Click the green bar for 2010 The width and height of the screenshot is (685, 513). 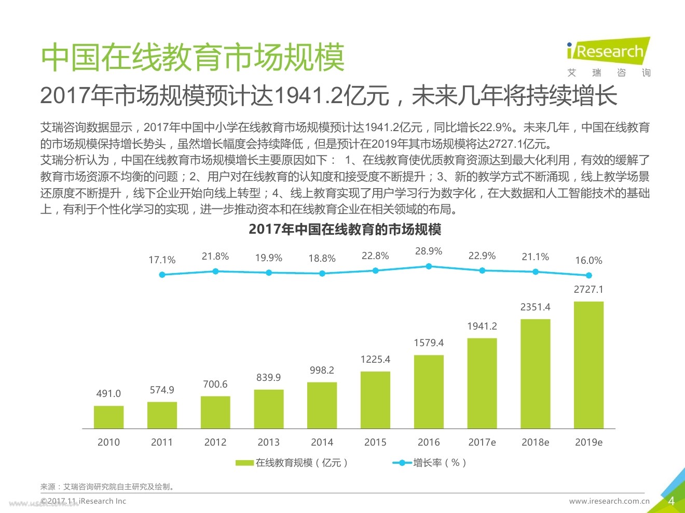[108, 417]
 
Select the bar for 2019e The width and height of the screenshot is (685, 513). [588, 365]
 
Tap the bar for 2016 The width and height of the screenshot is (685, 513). [429, 392]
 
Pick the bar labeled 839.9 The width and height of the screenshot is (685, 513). [269, 409]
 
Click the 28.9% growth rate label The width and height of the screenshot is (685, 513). [429, 251]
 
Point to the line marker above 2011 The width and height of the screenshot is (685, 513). [215, 271]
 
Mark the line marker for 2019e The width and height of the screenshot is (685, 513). [588, 275]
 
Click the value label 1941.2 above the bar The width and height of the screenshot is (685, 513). [482, 326]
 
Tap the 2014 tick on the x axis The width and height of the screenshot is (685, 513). [322, 442]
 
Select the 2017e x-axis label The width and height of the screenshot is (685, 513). [482, 442]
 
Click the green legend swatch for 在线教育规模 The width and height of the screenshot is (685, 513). [244, 463]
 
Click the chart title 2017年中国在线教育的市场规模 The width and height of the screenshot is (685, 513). [345, 229]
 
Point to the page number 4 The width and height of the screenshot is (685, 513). [671, 501]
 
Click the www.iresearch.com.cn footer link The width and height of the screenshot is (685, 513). [609, 501]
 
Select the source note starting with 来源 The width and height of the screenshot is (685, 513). [108, 487]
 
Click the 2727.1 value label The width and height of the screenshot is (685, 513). [588, 290]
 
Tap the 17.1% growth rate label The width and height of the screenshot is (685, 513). [162, 260]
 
